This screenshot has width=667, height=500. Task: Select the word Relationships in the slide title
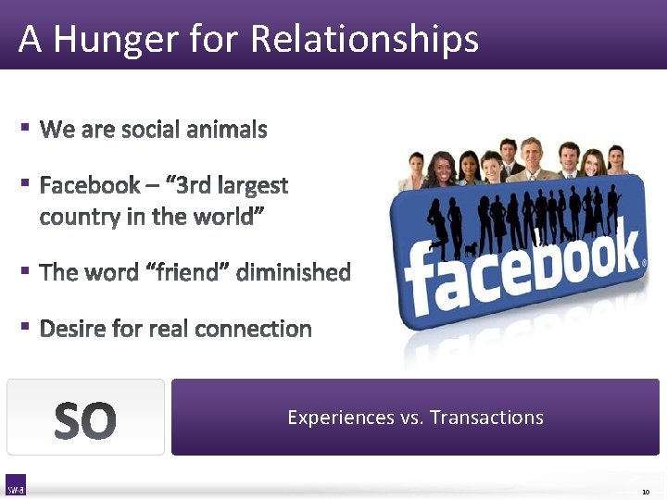pos(365,40)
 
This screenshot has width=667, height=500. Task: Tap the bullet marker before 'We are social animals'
pos(27,127)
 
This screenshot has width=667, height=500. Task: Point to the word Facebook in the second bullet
pos(89,185)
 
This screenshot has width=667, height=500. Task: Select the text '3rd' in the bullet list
pos(193,185)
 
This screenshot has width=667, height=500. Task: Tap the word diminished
pos(294,272)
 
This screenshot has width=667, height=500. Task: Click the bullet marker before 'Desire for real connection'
pos(27,326)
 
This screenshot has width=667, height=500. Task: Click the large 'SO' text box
pos(85,418)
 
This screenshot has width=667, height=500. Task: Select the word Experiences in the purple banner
pos(341,418)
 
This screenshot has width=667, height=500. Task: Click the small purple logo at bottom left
pos(16,485)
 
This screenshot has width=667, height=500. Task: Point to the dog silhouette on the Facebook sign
pos(472,248)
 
